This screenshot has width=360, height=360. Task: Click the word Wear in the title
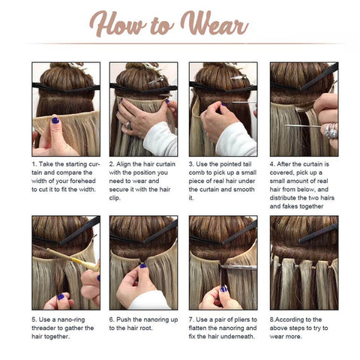tap(214, 24)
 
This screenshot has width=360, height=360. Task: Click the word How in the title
tap(118, 24)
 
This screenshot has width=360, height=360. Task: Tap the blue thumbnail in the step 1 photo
tap(55, 121)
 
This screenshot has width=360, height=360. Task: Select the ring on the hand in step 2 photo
tap(128, 125)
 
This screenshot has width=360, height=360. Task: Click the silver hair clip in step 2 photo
tap(156, 80)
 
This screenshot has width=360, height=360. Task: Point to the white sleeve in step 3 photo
tap(236, 140)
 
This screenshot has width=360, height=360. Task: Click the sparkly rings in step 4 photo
tap(331, 130)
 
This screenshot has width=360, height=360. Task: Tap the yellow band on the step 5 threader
tap(76, 261)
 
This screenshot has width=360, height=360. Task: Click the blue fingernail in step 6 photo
tap(143, 265)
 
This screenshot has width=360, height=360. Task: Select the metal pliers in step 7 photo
tap(238, 267)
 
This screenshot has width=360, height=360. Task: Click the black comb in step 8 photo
tap(319, 233)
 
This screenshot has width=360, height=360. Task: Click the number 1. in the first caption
tap(34, 164)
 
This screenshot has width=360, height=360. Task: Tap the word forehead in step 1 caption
tap(82, 181)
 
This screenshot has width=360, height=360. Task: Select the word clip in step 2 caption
tap(115, 198)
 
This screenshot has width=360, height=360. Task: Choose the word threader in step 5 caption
tap(44, 328)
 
